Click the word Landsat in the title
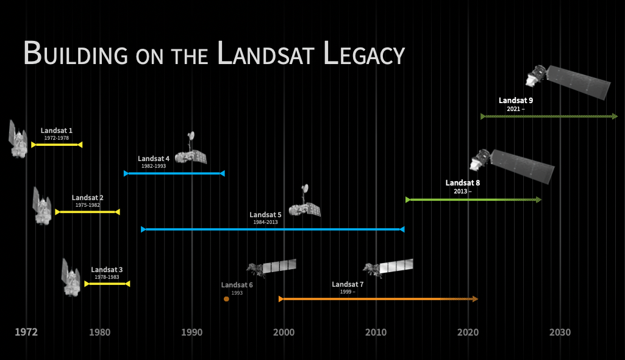tap(266, 54)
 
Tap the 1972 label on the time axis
tap(26, 332)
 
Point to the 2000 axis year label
tap(284, 332)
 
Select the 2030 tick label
tap(560, 332)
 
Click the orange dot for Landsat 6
tap(226, 299)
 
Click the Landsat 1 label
tap(57, 131)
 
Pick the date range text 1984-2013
tap(265, 222)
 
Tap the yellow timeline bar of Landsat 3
tap(107, 284)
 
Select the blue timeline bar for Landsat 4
tap(174, 173)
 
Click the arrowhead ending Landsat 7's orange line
tap(475, 299)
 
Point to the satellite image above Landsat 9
tap(568, 82)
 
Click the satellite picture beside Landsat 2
tap(42, 206)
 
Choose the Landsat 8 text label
tap(463, 182)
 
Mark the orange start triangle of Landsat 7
tap(281, 299)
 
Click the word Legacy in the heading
tap(364, 54)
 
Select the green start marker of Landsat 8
tap(408, 200)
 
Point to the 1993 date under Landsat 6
tap(237, 293)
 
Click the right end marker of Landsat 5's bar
tap(402, 229)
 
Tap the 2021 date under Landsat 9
tap(513, 109)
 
